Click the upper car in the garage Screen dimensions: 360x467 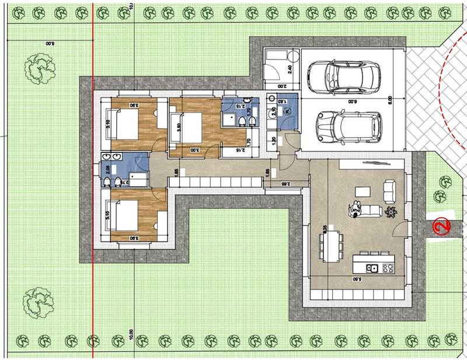click(343, 77)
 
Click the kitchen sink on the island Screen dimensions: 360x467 click(371, 268)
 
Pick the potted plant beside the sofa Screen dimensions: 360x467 click(392, 211)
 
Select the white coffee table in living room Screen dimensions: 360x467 click(364, 192)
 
